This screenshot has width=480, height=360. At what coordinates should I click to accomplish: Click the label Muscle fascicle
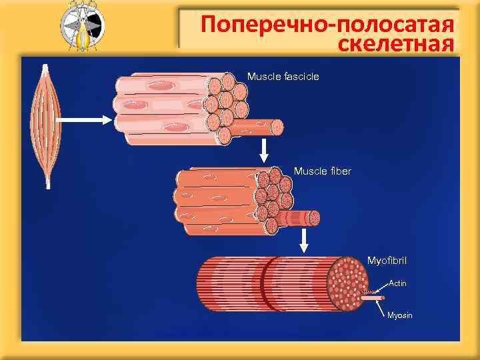coord(283,77)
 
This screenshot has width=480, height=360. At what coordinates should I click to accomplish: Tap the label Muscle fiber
coord(322,171)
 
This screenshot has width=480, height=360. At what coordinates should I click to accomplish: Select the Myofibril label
coord(387,258)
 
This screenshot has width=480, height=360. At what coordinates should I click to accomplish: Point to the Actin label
coord(397,283)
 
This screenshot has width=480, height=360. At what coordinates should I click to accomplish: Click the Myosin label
coord(399,315)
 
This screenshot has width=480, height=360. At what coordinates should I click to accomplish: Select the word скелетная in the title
coord(396,45)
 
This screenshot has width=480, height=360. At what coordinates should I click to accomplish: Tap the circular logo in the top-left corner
coord(82,27)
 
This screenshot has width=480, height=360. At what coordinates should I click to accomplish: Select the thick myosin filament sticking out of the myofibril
coord(374,299)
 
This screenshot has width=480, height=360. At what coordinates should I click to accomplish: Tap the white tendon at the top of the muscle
coord(45,69)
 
